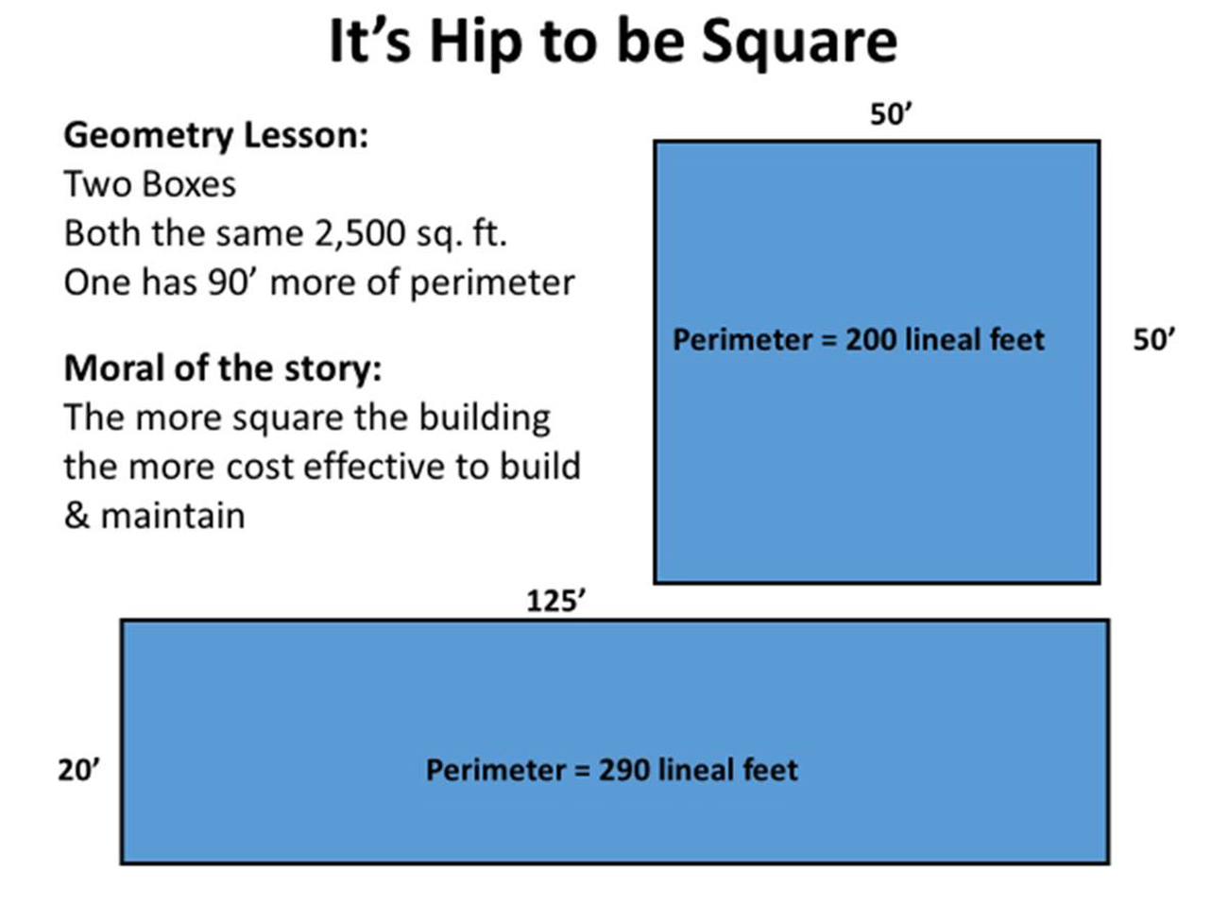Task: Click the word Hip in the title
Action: click(472, 42)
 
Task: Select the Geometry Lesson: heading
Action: click(215, 135)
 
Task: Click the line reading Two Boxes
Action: click(149, 184)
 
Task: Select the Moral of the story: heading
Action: click(222, 367)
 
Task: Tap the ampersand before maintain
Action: click(76, 516)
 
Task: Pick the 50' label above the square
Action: click(890, 114)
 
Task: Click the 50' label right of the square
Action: click(1153, 339)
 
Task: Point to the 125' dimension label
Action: click(555, 601)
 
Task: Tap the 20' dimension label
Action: click(78, 770)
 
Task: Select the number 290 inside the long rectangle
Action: click(623, 770)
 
